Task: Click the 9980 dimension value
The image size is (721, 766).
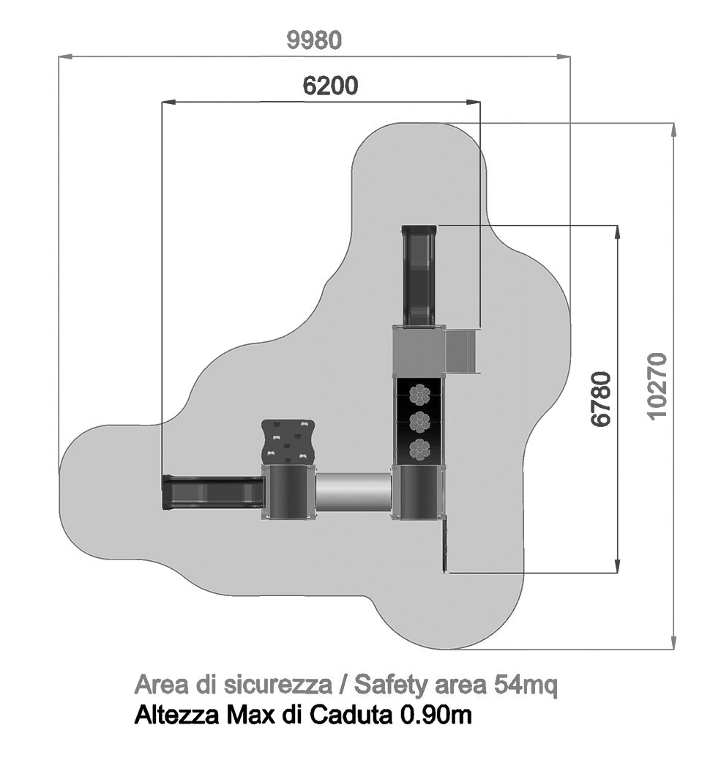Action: (x=314, y=40)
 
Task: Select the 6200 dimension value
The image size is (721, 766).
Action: (x=330, y=86)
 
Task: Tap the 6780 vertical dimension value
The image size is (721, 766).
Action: (x=601, y=398)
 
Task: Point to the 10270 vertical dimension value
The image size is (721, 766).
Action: (x=658, y=385)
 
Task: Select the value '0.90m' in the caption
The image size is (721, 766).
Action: (x=436, y=715)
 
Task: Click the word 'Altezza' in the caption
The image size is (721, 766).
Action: (x=176, y=715)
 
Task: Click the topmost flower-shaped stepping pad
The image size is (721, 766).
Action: (x=419, y=394)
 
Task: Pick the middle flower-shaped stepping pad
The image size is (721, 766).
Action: (x=419, y=422)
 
